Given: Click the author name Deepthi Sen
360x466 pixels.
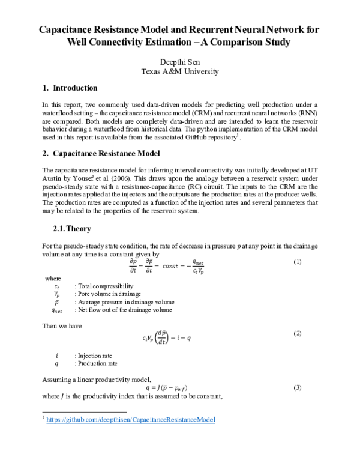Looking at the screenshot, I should click(x=180, y=62).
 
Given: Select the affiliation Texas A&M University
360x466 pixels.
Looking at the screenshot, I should click(x=180, y=71).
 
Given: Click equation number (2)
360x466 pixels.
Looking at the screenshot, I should click(x=296, y=333).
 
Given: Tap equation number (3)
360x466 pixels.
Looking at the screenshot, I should click(x=296, y=387).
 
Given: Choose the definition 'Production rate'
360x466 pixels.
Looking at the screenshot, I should click(x=97, y=363).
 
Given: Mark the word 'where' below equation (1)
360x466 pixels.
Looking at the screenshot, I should click(x=53, y=279).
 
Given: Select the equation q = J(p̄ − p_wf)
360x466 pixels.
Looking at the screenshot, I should click(x=179, y=388).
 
